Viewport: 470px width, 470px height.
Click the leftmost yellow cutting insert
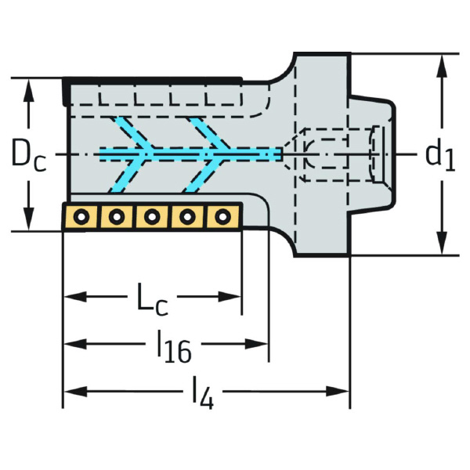coord(80,216)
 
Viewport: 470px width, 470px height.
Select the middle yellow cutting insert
coord(151,216)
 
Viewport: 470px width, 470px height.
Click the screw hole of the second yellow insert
coord(116,216)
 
